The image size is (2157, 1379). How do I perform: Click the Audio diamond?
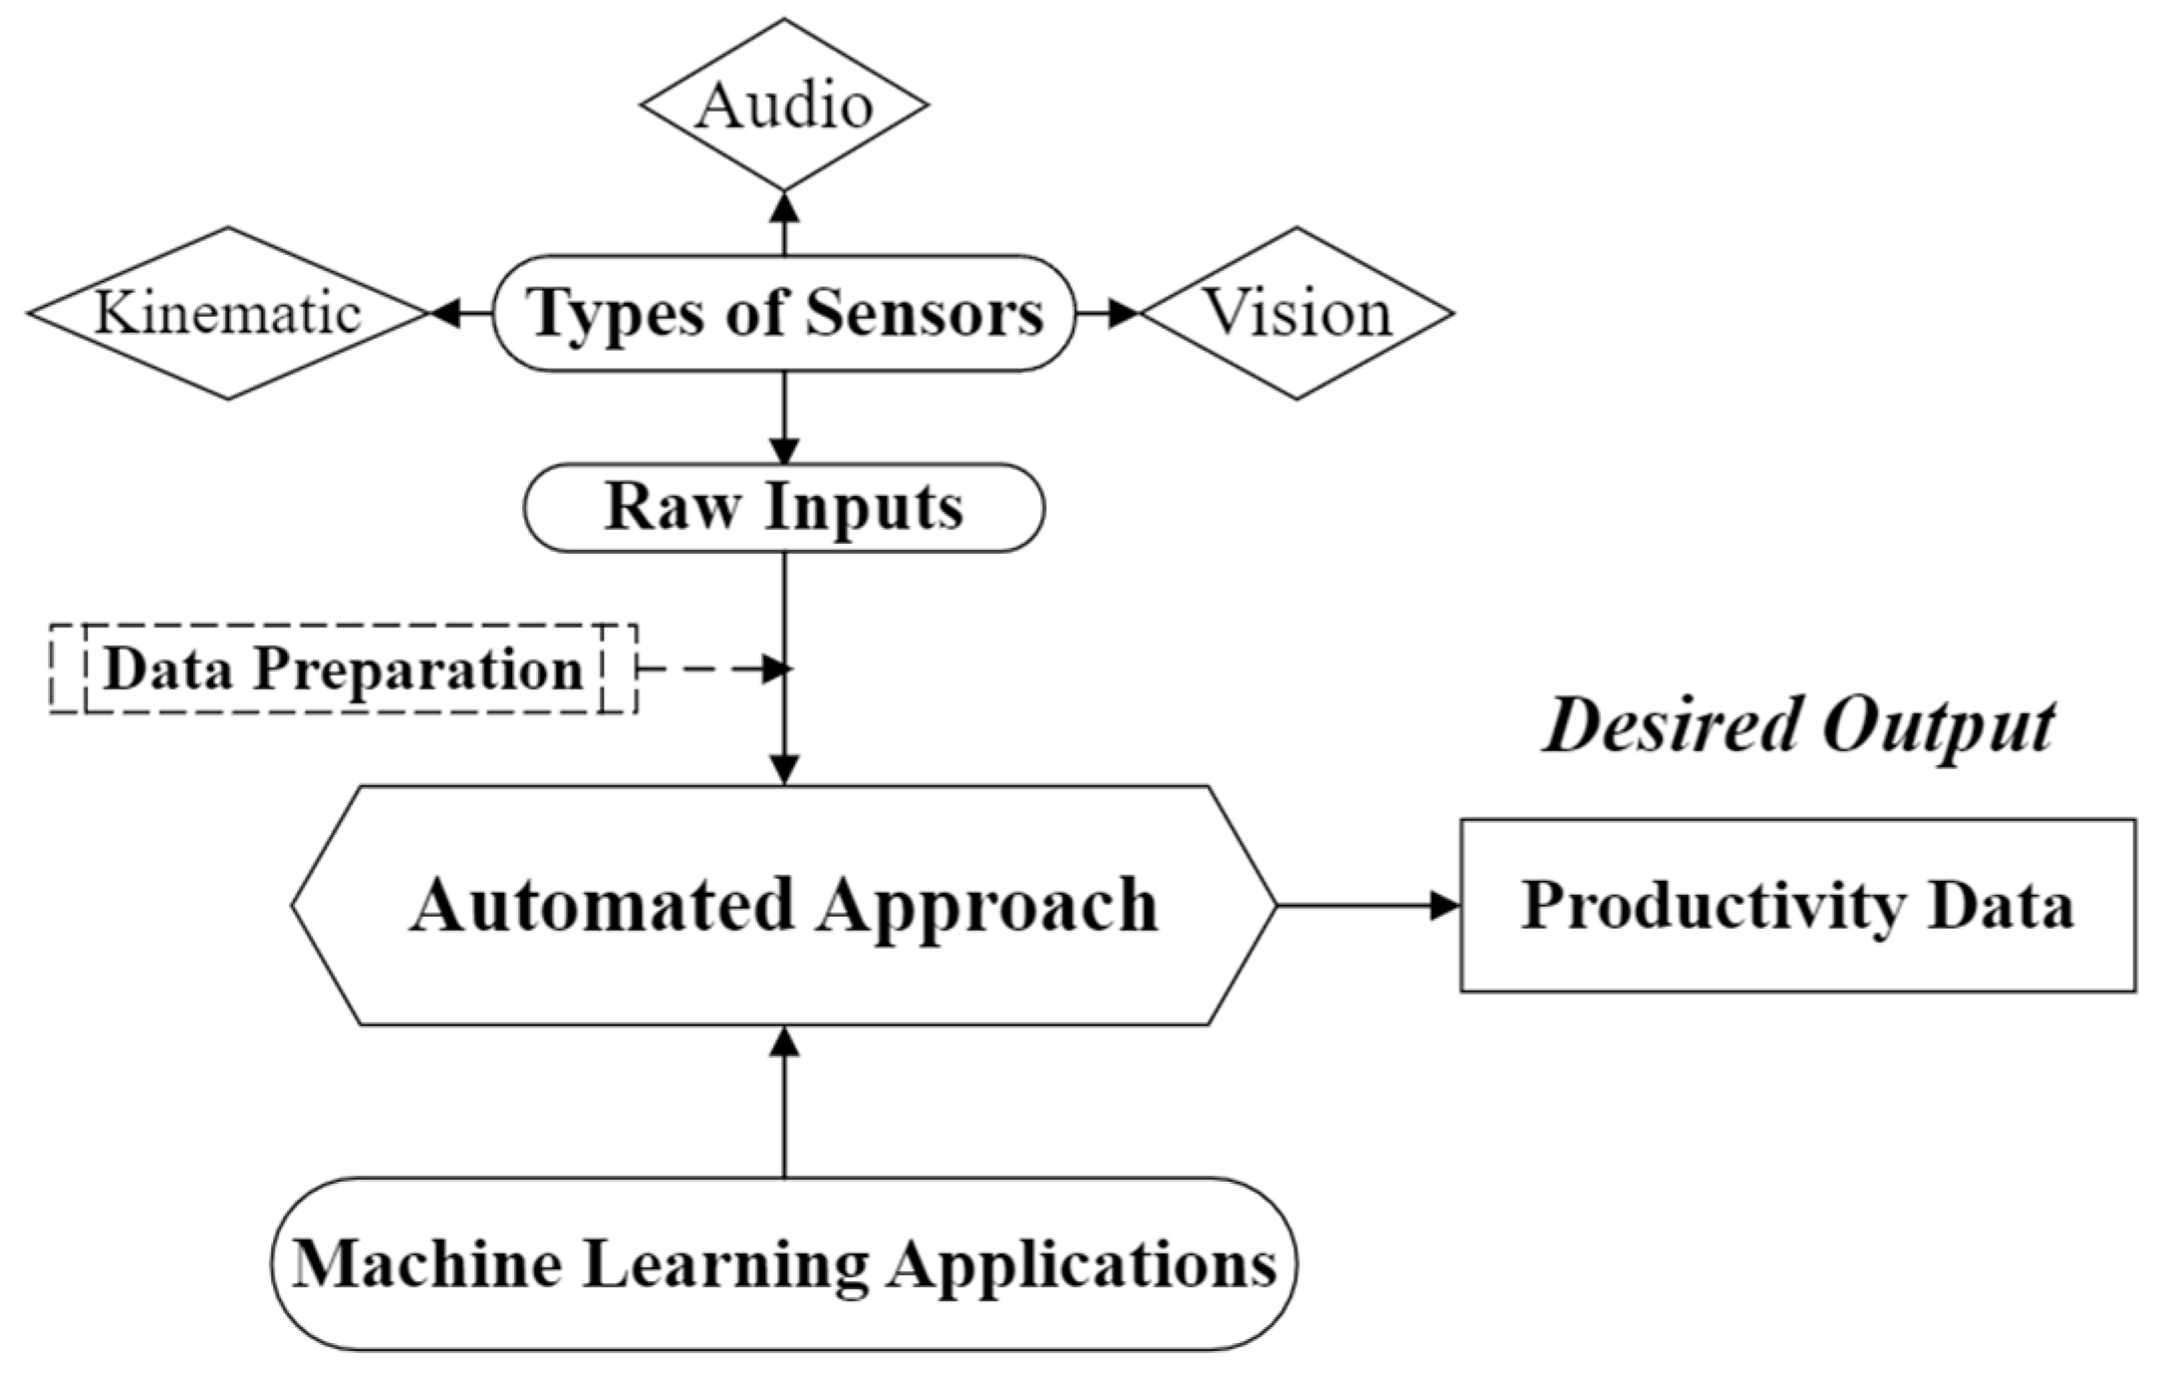pyautogui.click(x=784, y=105)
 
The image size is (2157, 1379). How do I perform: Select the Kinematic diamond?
pyautogui.click(x=227, y=313)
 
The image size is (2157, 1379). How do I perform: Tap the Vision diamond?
pyautogui.click(x=1296, y=313)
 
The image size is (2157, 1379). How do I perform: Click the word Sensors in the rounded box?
pyautogui.click(x=924, y=313)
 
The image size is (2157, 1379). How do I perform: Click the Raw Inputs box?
pyautogui.click(x=784, y=507)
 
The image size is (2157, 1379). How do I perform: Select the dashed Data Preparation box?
pyautogui.click(x=343, y=669)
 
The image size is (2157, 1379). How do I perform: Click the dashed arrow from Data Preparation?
pyautogui.click(x=712, y=669)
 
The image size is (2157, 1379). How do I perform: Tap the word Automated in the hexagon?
pyautogui.click(x=601, y=905)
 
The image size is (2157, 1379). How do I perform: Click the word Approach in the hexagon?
pyautogui.click(x=988, y=905)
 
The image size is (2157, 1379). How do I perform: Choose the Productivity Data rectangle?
pyautogui.click(x=1797, y=905)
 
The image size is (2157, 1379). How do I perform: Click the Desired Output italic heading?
pyautogui.click(x=1797, y=724)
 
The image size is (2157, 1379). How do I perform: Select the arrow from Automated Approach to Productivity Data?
pyautogui.click(x=1367, y=906)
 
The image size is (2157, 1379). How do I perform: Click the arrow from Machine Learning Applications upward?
pyautogui.click(x=785, y=1102)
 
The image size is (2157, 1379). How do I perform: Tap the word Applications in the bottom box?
pyautogui.click(x=1082, y=1263)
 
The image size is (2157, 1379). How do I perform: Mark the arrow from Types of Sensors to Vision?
pyautogui.click(x=1108, y=313)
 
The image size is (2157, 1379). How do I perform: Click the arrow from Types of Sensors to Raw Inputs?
pyautogui.click(x=785, y=417)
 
